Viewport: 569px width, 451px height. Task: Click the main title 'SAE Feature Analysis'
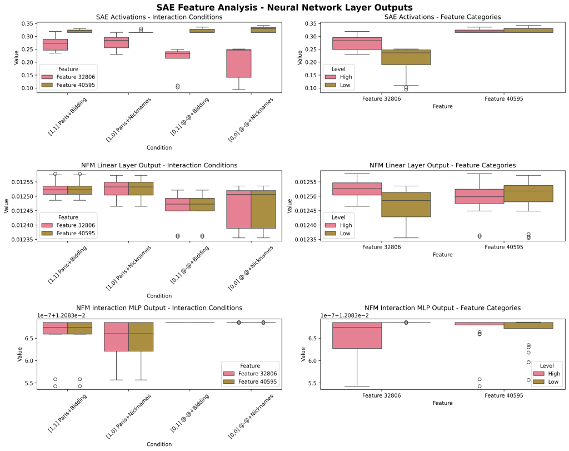(284, 7)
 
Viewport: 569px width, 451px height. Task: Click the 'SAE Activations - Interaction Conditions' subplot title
(159, 17)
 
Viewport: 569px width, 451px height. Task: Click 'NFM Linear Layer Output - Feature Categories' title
(442, 165)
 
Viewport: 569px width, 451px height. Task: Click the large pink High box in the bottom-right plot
(356, 335)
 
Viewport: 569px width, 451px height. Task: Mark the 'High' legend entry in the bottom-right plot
(553, 374)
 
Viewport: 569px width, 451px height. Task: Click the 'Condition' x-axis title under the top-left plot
(159, 147)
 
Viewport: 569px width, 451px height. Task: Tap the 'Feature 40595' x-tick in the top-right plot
(505, 99)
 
